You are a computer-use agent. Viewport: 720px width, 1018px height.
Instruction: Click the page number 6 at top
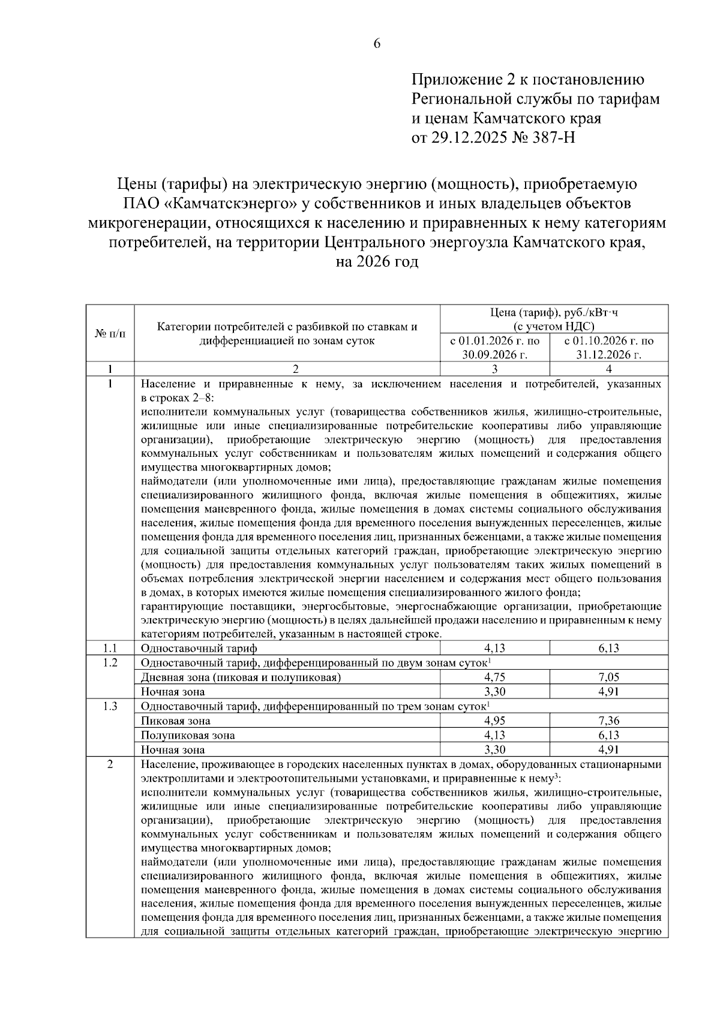tap(377, 43)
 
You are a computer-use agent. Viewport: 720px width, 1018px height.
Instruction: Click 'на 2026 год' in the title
tap(377, 262)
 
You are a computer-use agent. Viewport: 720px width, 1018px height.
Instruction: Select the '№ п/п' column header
tap(110, 333)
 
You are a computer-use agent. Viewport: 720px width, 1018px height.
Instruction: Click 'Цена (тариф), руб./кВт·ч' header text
tap(554, 312)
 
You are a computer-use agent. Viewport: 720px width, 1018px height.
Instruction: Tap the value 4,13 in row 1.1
tap(494, 648)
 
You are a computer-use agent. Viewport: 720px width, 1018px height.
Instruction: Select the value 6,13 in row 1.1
tap(608, 648)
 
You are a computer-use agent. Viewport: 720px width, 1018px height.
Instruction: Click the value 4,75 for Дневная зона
tap(494, 677)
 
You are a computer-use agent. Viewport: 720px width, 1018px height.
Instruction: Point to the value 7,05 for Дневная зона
tap(608, 677)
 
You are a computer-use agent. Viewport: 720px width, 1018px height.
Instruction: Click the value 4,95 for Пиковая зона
tap(494, 721)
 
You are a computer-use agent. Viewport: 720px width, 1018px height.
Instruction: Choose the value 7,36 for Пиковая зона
tap(608, 721)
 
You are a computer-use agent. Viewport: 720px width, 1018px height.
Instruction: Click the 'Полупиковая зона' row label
tap(188, 735)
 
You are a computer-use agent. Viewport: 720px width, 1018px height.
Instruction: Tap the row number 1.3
tap(110, 706)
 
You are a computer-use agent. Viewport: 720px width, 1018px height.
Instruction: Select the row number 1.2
tap(110, 662)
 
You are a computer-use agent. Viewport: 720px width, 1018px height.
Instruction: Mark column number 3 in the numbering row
tap(494, 369)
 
